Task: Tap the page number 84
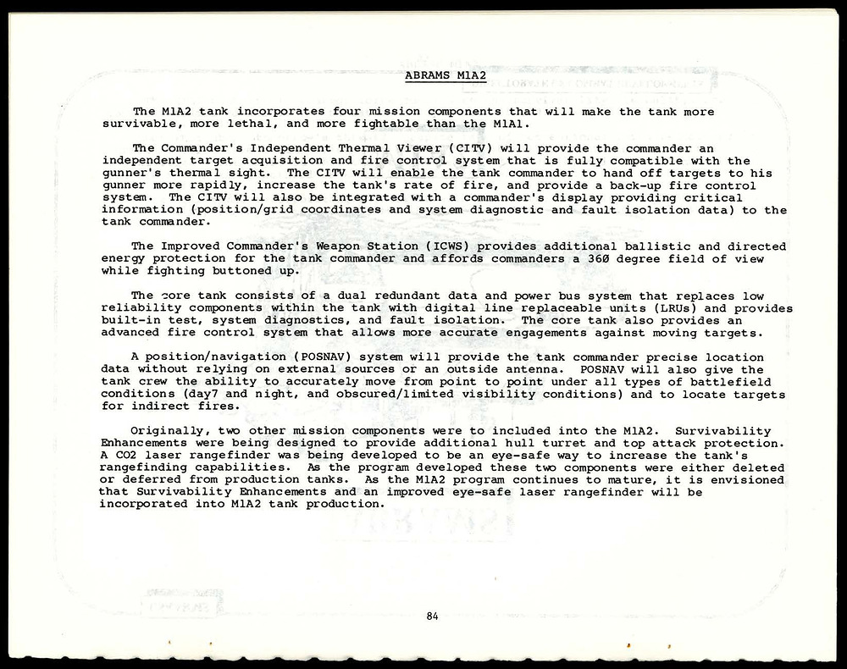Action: [432, 616]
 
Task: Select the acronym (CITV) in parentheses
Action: [458, 148]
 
